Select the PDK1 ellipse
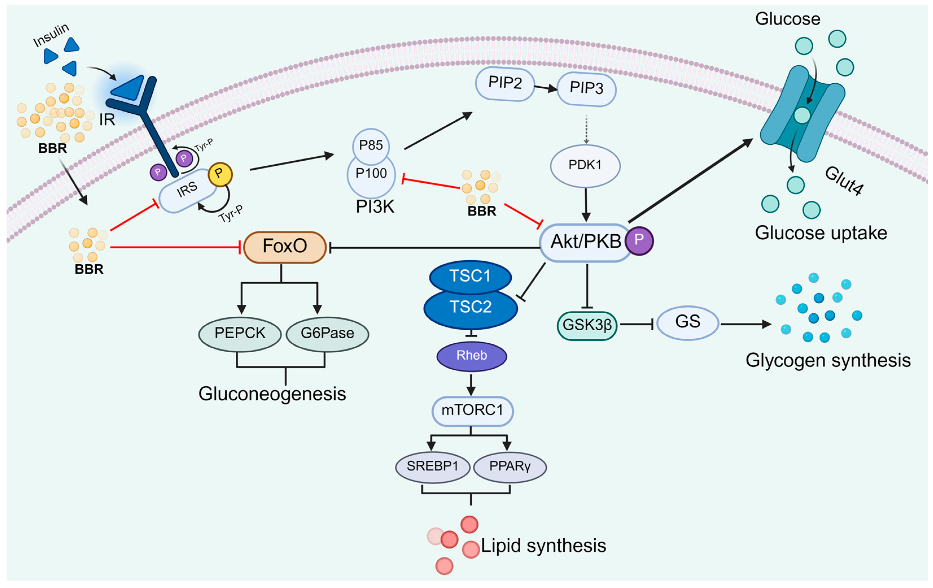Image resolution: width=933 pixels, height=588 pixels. tap(585, 165)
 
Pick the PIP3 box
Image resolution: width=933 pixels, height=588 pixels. tap(586, 89)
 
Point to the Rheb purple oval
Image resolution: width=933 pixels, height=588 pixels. tap(472, 355)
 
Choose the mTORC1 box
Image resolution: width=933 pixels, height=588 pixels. tap(472, 410)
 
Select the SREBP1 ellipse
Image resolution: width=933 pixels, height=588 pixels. tap(432, 466)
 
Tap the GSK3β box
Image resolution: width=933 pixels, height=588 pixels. tap(587, 325)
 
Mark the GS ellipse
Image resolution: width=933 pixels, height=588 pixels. tap(688, 322)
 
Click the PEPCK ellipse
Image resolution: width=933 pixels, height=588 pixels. tap(240, 333)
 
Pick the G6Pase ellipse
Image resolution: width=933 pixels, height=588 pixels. tap(327, 333)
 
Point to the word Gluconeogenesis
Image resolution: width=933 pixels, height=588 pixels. tap(272, 394)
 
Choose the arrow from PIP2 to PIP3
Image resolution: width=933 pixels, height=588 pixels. tap(545, 88)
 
